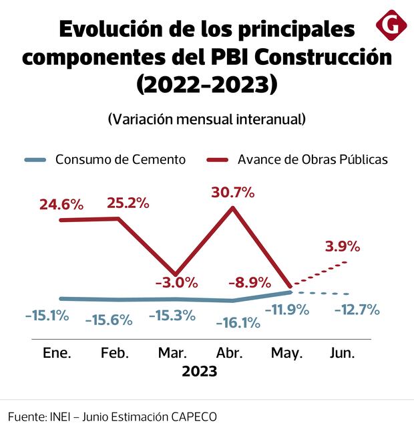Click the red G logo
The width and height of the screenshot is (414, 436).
tap(391, 25)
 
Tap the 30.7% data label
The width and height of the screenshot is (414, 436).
tap(233, 193)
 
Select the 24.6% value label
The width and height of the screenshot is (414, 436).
tap(61, 205)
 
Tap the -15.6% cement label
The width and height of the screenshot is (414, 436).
tap(109, 320)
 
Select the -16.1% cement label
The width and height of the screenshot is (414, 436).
tap(238, 323)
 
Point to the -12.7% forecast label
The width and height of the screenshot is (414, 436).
tap(357, 310)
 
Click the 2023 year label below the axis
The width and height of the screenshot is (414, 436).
tap(200, 372)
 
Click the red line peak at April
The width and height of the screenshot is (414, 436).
tap(233, 208)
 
